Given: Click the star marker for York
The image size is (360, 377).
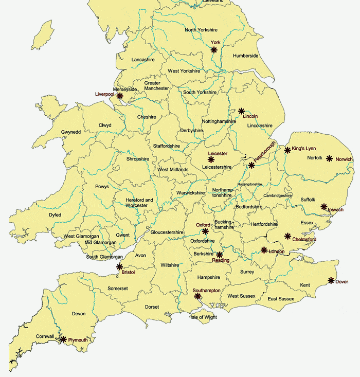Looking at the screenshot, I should pyautogui.click(x=214, y=50).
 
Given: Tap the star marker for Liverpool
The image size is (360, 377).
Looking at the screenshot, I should pyautogui.click(x=120, y=96).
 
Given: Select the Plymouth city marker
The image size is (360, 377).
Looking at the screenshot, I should pyautogui.click(x=63, y=339).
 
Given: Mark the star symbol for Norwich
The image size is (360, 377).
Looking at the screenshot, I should pyautogui.click(x=330, y=158).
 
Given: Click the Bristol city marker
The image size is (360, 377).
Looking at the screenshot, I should pyautogui.click(x=120, y=266).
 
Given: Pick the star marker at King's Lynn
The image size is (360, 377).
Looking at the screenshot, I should pyautogui.click(x=287, y=150).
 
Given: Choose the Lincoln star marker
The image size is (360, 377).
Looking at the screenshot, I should pyautogui.click(x=241, y=111).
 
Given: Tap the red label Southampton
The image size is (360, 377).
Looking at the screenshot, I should pyautogui.click(x=207, y=291).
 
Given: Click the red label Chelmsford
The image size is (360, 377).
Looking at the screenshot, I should pyautogui.click(x=304, y=240).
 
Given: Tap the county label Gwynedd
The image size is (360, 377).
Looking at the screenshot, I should pyautogui.click(x=71, y=132).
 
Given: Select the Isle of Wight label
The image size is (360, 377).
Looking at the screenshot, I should pyautogui.click(x=204, y=317).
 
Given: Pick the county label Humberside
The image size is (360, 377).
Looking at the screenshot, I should pyautogui.click(x=246, y=56).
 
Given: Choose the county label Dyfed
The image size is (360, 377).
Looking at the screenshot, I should pyautogui.click(x=55, y=214).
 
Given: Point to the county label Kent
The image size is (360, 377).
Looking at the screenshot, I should pyautogui.click(x=305, y=285).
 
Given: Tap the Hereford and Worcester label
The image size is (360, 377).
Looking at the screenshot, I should pyautogui.click(x=140, y=203).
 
